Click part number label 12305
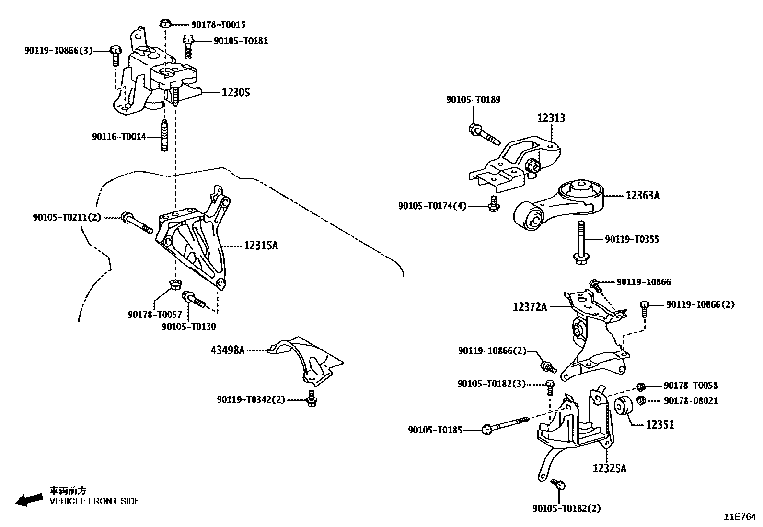[235, 92]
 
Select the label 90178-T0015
[218, 24]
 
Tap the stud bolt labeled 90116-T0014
[164, 137]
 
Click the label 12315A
[261, 246]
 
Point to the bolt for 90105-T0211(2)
[136, 223]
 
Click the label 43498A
[227, 350]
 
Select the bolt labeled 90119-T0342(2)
[312, 398]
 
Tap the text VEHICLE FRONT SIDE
[95, 501]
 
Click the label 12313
[551, 118]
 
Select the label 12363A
[642, 196]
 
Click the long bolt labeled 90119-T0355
[580, 242]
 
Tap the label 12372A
[530, 306]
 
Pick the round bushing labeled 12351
[623, 408]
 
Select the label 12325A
[609, 468]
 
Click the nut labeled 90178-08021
[642, 400]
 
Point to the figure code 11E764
[740, 517]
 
